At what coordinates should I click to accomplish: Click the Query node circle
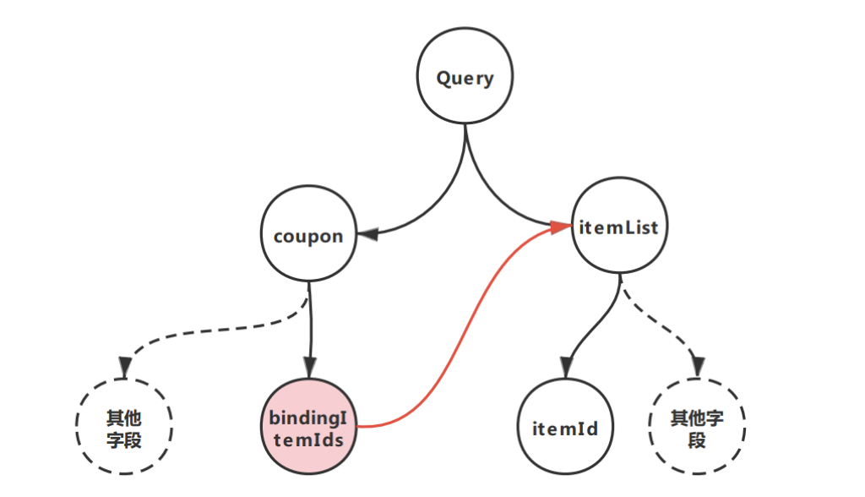coord(465,79)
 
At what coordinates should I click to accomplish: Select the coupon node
coord(308,235)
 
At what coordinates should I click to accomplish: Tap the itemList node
coord(619,226)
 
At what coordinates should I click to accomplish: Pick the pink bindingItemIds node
coord(308,428)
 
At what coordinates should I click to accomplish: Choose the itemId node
coord(565,429)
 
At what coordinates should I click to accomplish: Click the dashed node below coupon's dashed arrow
coord(124,428)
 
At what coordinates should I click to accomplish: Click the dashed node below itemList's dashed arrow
coord(696,429)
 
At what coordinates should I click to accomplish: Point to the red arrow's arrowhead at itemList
coord(560,227)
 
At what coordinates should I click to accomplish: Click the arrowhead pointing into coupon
coord(366,234)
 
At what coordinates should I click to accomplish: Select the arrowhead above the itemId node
coord(564,369)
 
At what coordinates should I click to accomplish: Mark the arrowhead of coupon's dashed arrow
coord(125,367)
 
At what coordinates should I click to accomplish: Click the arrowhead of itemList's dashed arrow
coord(697,367)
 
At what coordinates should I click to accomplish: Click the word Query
coord(465,79)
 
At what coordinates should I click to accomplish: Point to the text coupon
coord(308,236)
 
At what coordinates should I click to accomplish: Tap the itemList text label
coord(619,227)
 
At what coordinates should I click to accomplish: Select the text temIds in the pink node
coord(308,438)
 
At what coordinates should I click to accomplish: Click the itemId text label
coord(565,429)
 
